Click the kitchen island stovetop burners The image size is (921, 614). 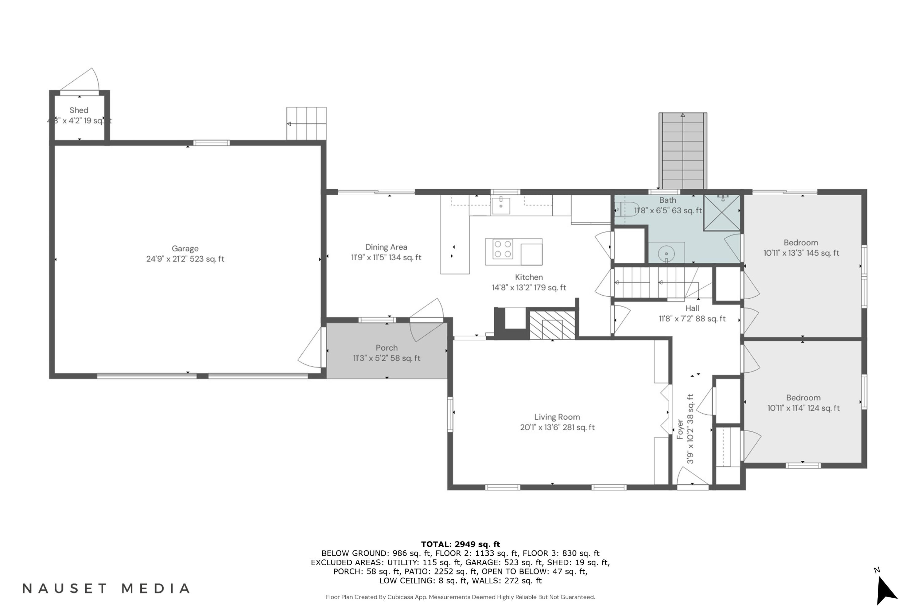coord(503,249)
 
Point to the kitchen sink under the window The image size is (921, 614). coord(501,206)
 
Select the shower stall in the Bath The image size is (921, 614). coord(722,213)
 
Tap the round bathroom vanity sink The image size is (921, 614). coord(666,254)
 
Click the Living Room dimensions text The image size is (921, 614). coord(557,427)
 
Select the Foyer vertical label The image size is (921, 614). coord(685,429)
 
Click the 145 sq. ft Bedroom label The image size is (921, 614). coord(801,248)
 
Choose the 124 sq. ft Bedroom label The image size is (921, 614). coord(803,403)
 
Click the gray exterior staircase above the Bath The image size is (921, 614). coord(683,151)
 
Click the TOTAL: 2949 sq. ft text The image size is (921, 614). coord(460,544)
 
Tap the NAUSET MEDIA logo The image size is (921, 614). coord(106,589)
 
